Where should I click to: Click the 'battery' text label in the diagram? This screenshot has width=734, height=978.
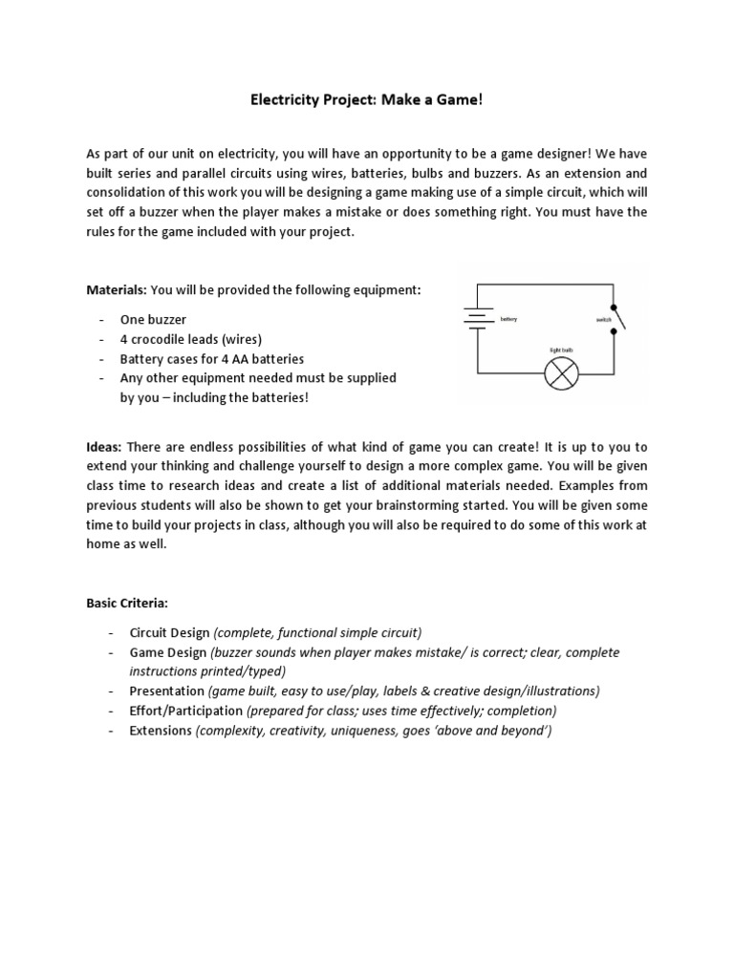coord(507,318)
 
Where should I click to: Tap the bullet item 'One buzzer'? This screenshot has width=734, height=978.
coord(153,319)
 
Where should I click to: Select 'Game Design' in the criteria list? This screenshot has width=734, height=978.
coord(167,652)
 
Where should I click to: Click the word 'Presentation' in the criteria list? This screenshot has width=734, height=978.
coord(166,691)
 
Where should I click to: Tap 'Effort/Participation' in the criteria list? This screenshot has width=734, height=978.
coord(186,711)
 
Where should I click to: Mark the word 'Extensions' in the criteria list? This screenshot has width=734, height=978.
coord(161,731)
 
